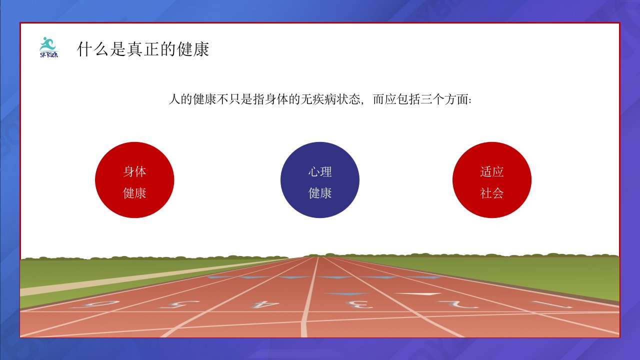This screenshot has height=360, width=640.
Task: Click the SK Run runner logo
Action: pyautogui.click(x=49, y=47)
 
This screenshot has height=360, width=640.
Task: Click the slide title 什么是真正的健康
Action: pyautogui.click(x=143, y=49)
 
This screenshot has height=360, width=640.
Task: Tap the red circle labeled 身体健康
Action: pyautogui.click(x=134, y=180)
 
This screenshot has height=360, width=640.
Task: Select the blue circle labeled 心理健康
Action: pyautogui.click(x=320, y=180)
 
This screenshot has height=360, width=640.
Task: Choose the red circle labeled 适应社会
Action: pyautogui.click(x=492, y=180)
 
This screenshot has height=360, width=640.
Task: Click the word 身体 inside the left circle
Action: pyautogui.click(x=134, y=171)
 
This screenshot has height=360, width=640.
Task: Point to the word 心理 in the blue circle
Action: pyautogui.click(x=320, y=171)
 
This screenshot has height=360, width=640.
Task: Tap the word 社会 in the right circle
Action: pyautogui.click(x=491, y=193)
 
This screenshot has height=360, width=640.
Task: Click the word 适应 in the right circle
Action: pyautogui.click(x=491, y=171)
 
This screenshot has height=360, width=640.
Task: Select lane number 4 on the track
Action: pyautogui.click(x=264, y=304)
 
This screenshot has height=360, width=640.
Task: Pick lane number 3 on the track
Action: pyautogui.click(x=359, y=304)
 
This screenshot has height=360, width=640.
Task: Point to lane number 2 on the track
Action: pyautogui.click(x=457, y=304)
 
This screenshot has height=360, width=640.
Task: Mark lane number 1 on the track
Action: pyautogui.click(x=552, y=304)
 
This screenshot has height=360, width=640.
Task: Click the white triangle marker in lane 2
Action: pyautogui.click(x=417, y=294)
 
